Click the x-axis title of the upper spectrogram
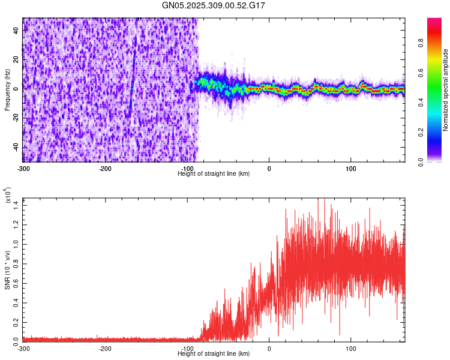[214, 173]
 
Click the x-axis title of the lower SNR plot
[214, 353]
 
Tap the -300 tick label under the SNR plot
[23, 348]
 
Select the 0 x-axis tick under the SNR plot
[269, 348]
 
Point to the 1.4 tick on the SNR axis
[16, 206]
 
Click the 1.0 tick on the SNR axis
[16, 244]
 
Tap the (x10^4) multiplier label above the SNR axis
[8, 196]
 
